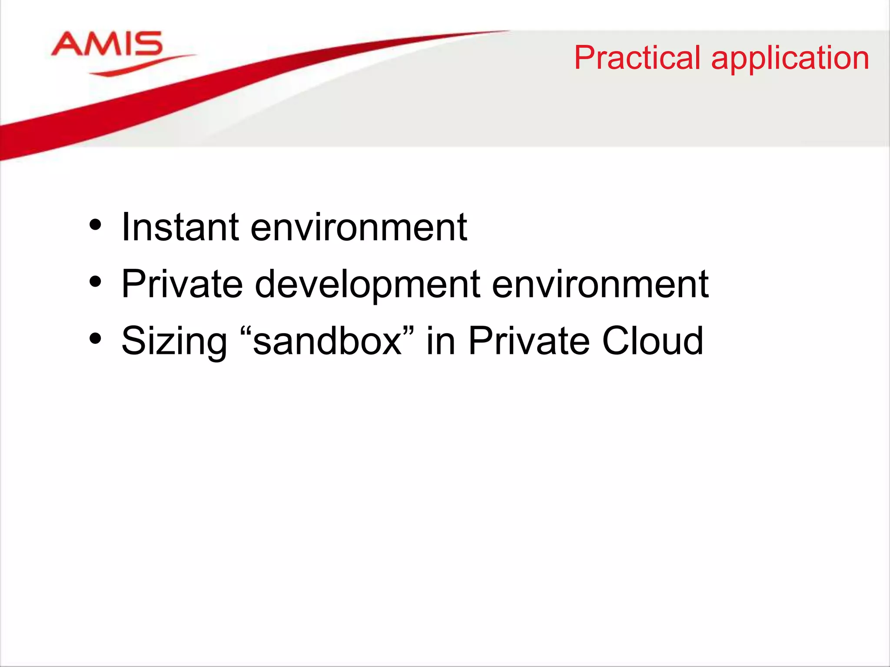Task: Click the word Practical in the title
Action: [638, 58]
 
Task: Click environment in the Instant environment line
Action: [359, 228]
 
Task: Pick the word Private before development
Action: [182, 284]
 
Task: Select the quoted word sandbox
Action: [327, 341]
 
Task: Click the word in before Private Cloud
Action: [440, 341]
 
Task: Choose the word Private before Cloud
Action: [529, 341]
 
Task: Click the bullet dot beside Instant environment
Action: [95, 226]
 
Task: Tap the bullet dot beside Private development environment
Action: [95, 283]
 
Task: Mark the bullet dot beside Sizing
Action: [95, 339]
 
